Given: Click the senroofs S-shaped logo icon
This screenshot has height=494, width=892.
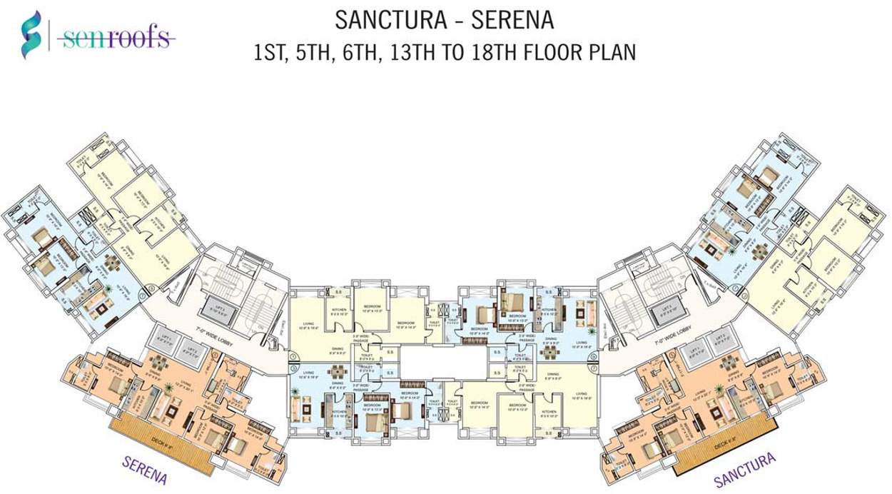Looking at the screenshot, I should point(31,34).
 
